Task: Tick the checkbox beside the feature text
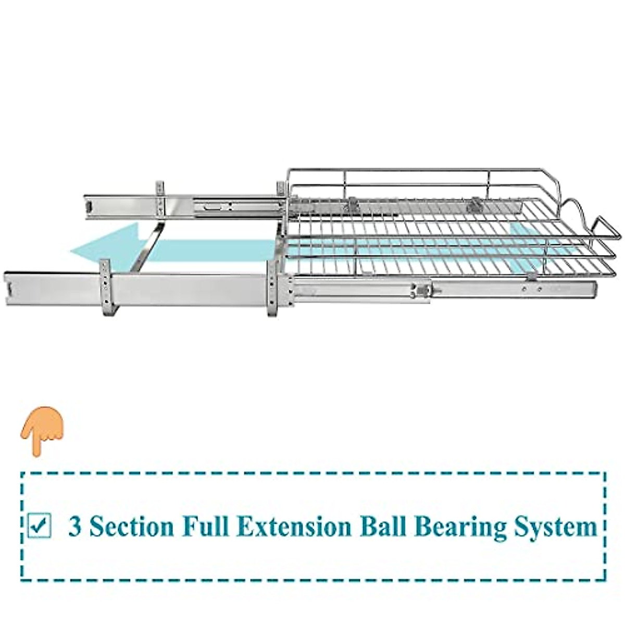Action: (39, 526)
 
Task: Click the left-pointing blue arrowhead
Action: (99, 247)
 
